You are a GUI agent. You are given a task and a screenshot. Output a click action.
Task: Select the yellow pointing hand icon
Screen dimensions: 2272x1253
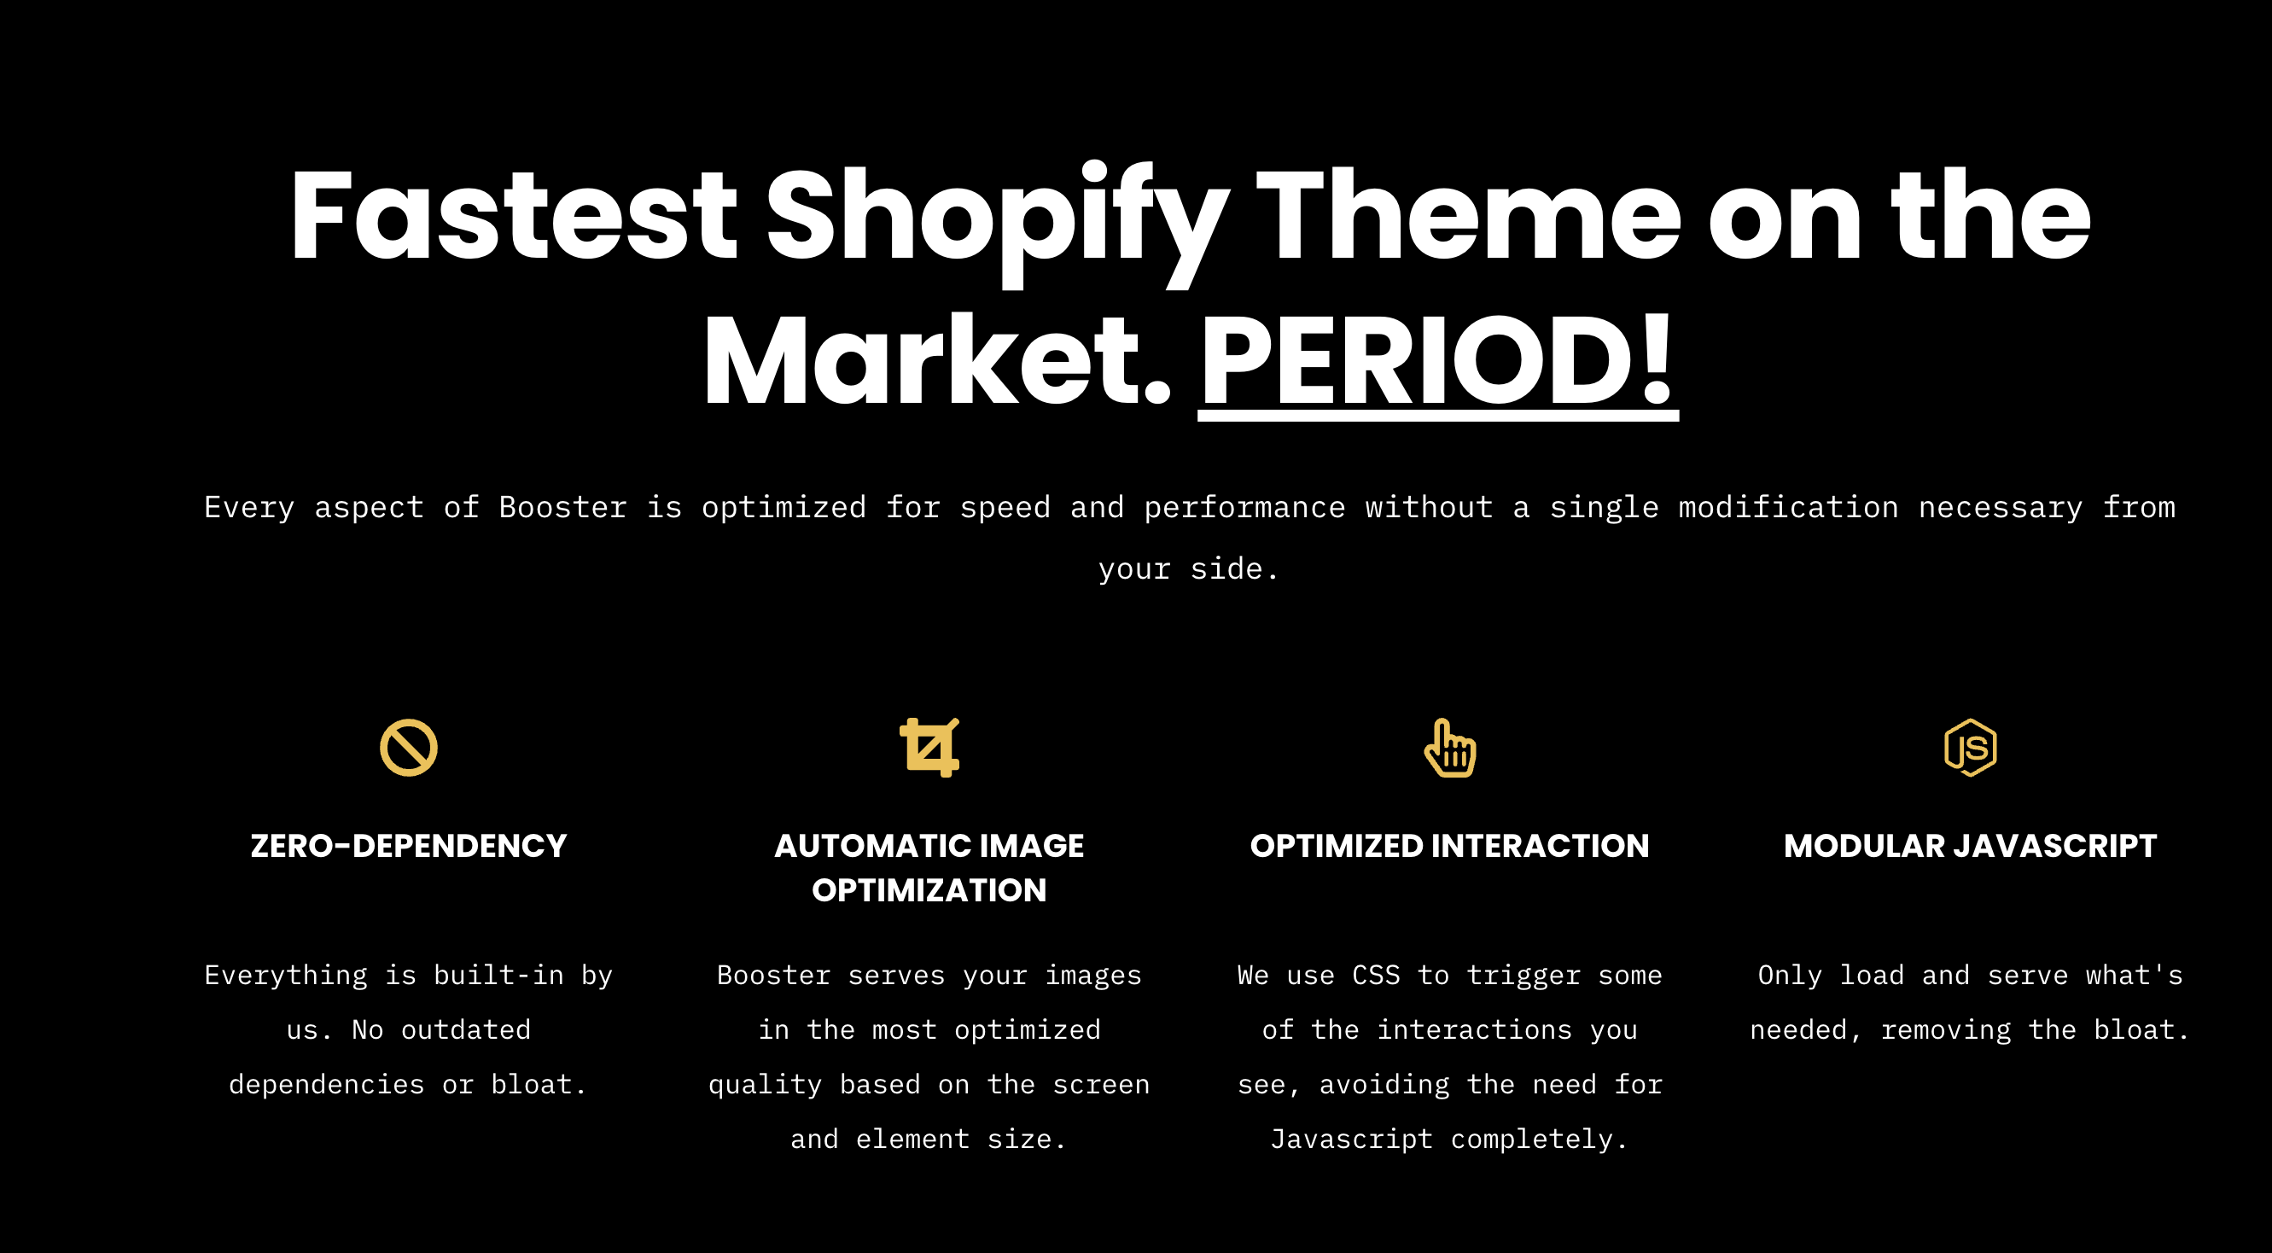1450,749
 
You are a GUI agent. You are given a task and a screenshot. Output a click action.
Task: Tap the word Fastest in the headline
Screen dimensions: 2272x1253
513,216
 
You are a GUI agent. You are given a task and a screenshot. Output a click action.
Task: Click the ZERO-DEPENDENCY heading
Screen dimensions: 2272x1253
408,847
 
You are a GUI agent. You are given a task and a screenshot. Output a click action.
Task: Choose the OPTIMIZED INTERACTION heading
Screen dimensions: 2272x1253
1450,847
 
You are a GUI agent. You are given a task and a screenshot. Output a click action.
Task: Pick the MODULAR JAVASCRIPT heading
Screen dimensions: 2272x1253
1971,847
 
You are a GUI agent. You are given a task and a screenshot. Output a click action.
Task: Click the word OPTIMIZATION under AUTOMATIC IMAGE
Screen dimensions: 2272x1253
929,890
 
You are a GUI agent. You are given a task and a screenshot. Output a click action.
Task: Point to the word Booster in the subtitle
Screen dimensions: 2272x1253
562,507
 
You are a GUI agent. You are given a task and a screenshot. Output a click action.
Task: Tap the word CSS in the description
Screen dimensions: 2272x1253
1376,975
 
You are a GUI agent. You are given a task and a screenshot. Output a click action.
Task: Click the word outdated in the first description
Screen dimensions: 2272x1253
466,1029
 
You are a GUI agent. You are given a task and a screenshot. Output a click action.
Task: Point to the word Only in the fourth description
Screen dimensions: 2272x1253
1790,976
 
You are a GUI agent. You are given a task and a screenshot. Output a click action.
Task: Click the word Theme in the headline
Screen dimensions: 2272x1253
1469,216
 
